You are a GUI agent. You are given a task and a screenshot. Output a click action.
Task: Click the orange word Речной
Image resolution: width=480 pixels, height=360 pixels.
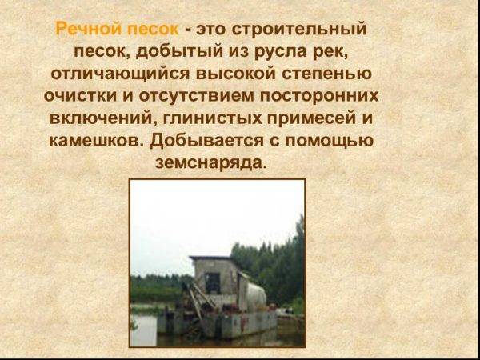click(90, 30)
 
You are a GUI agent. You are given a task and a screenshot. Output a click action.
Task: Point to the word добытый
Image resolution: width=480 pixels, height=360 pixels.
click(179, 52)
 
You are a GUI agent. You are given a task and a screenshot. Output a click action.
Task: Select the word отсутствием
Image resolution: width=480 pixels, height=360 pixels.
click(197, 97)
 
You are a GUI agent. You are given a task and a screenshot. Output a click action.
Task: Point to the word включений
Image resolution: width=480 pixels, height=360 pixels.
click(103, 118)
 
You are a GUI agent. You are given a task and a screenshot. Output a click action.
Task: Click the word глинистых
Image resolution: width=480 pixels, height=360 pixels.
click(213, 118)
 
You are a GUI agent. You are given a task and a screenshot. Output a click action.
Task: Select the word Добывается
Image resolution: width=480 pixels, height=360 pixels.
click(207, 140)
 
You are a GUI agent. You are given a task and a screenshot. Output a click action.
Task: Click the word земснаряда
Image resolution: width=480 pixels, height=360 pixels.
click(211, 163)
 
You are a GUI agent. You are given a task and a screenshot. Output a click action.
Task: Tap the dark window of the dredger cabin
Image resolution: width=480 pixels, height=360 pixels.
click(213, 283)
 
